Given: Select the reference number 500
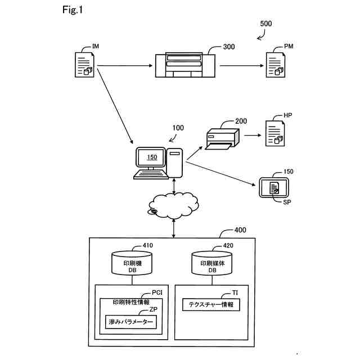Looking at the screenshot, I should pos(266,24).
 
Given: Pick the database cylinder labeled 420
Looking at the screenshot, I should pos(211,263).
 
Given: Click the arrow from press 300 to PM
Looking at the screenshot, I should pos(242,66).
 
